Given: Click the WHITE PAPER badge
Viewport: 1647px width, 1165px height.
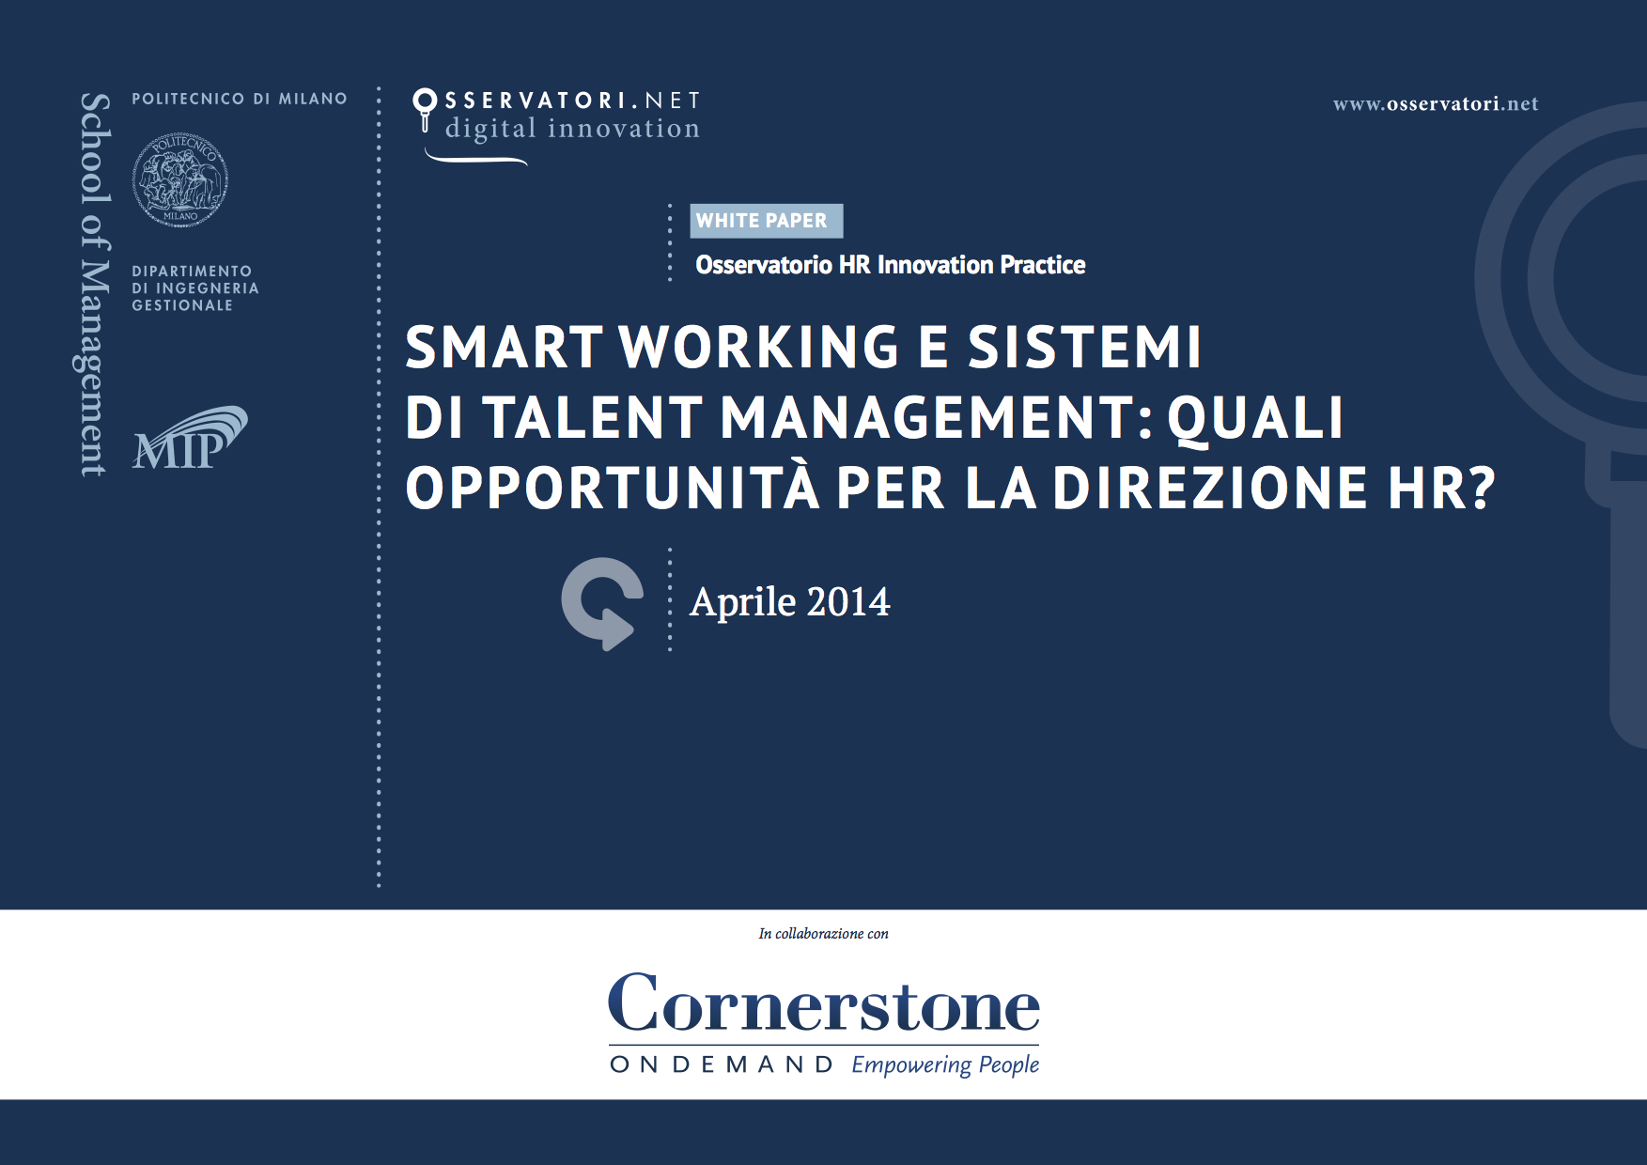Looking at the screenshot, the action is [x=767, y=221].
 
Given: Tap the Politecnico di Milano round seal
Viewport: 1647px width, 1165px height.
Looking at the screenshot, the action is [x=180, y=179].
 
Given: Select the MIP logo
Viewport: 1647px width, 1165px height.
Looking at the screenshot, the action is [x=190, y=438].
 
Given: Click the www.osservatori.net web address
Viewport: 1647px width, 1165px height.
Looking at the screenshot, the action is [x=1436, y=104].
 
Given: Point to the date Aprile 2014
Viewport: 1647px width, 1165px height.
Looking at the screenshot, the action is [x=790, y=602].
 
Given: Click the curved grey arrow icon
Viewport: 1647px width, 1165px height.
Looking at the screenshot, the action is [x=602, y=603].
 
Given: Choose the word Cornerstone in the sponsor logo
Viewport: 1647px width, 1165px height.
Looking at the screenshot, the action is [x=824, y=1003].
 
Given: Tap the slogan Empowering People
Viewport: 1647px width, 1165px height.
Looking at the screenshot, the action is [x=945, y=1065].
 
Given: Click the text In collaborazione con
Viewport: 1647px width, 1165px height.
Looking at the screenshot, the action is [x=823, y=934].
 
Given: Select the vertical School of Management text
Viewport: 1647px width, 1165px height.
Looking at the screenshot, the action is [x=94, y=284].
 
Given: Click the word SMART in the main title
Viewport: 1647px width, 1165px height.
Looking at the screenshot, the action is [x=505, y=347].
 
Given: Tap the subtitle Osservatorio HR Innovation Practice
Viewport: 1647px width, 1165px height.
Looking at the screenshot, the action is [x=891, y=265].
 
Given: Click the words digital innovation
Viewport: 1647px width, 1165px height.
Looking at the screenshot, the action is [x=572, y=129].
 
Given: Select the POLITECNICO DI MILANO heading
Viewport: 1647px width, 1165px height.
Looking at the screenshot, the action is [x=240, y=99].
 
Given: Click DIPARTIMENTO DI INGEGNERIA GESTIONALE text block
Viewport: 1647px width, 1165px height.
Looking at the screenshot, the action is [x=195, y=288].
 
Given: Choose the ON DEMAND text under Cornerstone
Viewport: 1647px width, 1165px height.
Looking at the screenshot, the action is [x=722, y=1064].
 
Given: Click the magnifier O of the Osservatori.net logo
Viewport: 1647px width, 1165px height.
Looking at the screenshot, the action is [x=425, y=100].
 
